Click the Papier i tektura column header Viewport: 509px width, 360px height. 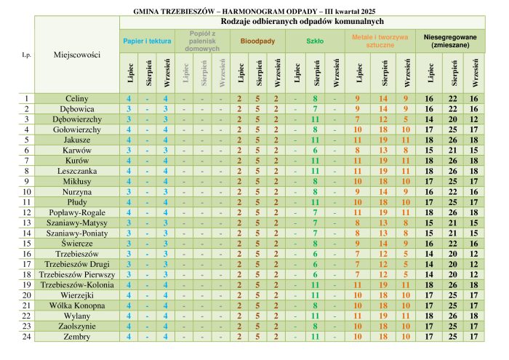point(147,41)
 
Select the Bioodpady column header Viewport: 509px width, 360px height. point(257,41)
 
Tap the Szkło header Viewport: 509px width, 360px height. point(315,41)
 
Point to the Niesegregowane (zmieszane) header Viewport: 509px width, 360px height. point(450,41)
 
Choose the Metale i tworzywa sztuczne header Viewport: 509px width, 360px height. point(380,41)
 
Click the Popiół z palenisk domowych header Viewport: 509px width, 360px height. point(202,41)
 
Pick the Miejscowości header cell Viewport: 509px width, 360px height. point(77,55)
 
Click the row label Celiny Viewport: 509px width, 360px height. point(77,98)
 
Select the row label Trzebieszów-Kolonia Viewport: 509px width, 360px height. point(77,284)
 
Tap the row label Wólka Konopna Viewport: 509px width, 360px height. point(77,305)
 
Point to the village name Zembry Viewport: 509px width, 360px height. point(77,337)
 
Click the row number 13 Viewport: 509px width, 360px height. point(27,223)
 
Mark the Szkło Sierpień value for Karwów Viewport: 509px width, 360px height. point(315,151)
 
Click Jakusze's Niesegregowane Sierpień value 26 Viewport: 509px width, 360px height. point(453,140)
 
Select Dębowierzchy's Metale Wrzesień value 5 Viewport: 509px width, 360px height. point(406,119)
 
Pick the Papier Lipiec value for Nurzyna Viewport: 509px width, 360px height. point(129,192)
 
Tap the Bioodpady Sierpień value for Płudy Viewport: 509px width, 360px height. point(257,202)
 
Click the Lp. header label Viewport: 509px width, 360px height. point(27,55)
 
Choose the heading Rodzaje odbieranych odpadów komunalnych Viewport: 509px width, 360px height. point(302,22)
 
